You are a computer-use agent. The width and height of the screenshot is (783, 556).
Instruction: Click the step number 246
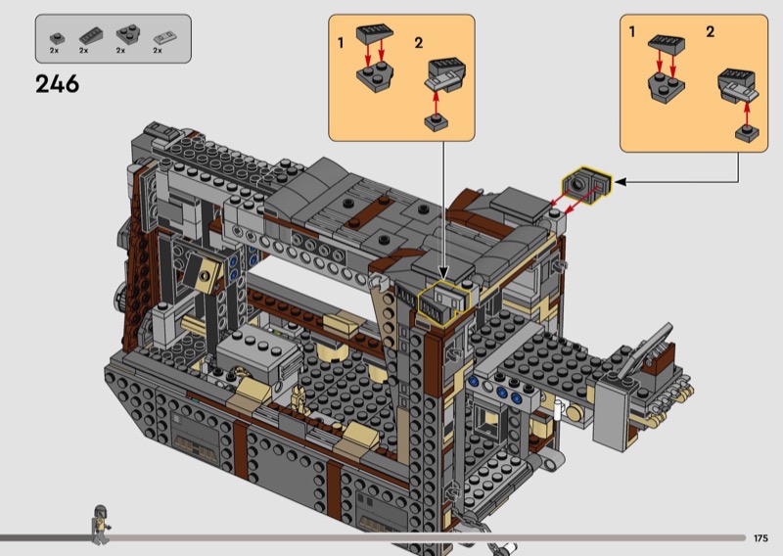57,84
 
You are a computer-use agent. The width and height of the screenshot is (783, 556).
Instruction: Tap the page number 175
760,538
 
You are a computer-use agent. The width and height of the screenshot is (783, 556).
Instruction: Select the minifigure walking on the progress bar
101,524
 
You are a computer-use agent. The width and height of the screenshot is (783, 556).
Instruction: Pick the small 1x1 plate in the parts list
57,38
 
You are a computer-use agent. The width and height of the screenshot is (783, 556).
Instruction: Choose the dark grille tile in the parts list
91,36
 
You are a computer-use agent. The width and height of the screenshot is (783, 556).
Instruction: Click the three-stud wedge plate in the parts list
128,35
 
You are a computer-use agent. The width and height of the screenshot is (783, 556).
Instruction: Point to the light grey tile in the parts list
164,37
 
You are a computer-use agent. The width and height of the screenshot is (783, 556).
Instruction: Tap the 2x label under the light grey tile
158,51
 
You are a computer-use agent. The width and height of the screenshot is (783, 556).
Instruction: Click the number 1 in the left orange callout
341,43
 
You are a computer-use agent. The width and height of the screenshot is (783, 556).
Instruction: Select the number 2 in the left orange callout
419,43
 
